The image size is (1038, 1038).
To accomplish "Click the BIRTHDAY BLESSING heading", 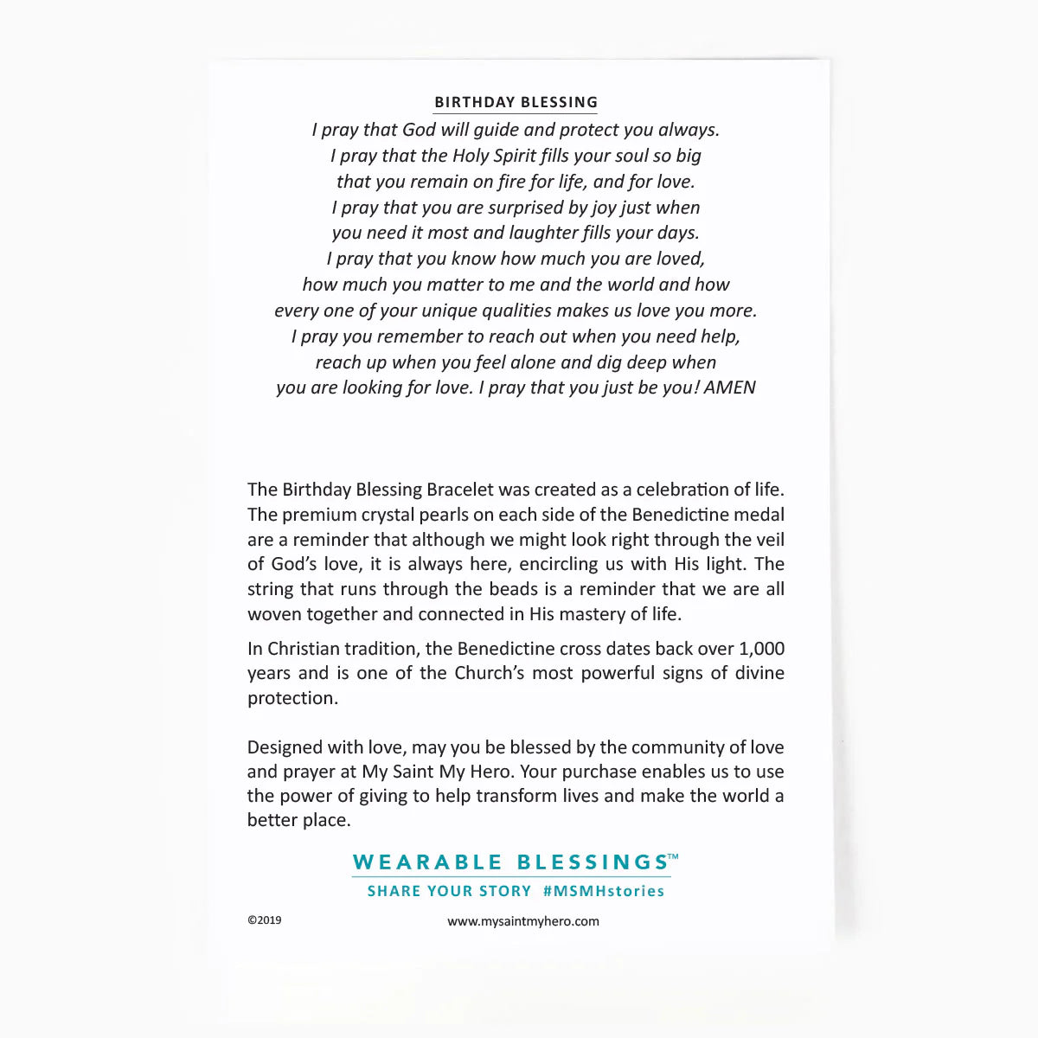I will [x=516, y=102].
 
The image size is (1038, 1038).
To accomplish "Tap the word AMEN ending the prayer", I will [x=729, y=388].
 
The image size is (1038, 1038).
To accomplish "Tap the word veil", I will [x=768, y=540].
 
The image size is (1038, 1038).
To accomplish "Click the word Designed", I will [x=283, y=747].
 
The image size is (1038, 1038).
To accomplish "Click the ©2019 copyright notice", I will [x=265, y=920].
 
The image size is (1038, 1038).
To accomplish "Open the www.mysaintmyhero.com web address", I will [x=522, y=921].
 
